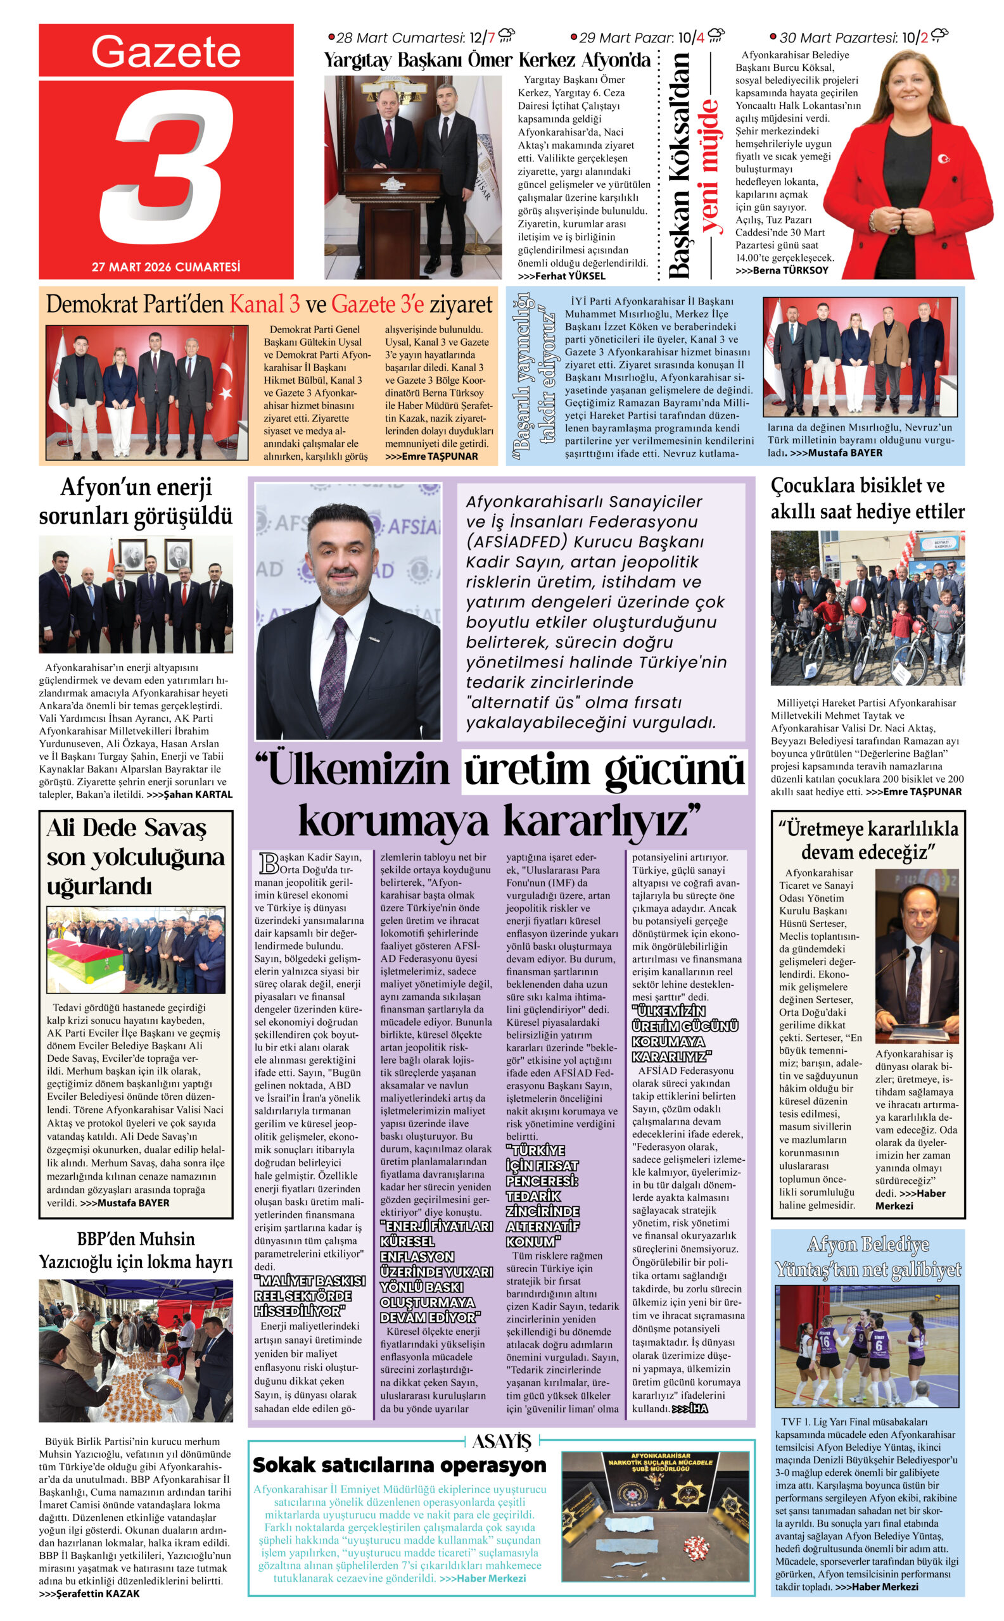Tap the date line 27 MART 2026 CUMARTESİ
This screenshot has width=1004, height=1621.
click(166, 267)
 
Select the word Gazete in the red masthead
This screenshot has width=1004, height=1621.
click(166, 52)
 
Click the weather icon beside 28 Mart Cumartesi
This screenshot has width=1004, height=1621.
click(506, 36)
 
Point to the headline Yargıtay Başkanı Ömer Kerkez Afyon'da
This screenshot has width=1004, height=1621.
click(486, 60)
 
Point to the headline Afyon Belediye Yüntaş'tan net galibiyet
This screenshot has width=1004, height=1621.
click(867, 1256)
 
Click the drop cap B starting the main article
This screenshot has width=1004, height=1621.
click(269, 864)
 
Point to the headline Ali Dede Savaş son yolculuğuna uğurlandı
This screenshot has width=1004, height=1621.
click(136, 856)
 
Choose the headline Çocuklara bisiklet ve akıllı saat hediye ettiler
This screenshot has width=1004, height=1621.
click(867, 498)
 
